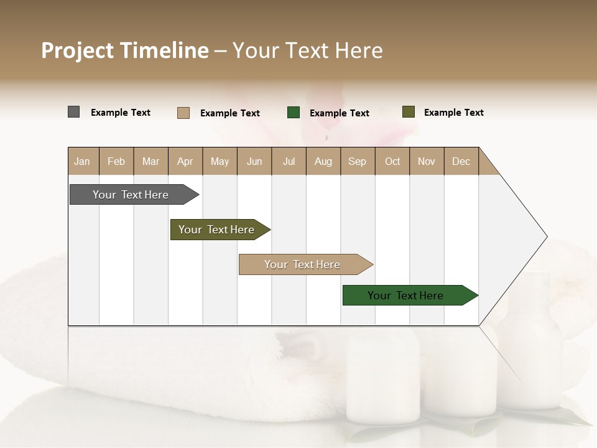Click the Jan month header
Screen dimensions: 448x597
(82, 161)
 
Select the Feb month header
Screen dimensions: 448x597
(116, 161)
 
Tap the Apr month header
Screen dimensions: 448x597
(185, 161)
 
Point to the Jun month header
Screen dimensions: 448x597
(254, 161)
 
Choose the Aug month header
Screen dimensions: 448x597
(323, 161)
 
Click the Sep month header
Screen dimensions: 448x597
(357, 161)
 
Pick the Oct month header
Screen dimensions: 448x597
(392, 161)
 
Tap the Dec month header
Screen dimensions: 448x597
(461, 161)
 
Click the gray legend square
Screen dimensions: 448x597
(73, 112)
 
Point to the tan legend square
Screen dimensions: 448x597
(183, 113)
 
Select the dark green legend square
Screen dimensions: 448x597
(294, 112)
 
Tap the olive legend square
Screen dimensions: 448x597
(408, 112)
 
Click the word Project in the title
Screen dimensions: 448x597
(77, 50)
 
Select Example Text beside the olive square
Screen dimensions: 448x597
(453, 113)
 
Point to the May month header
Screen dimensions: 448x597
(220, 161)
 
